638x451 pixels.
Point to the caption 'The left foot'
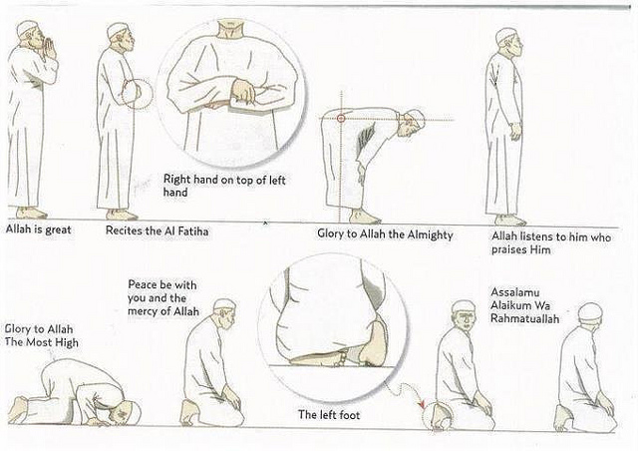click(328, 412)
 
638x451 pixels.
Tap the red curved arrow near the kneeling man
click(420, 403)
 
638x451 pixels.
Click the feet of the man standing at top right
click(510, 220)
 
